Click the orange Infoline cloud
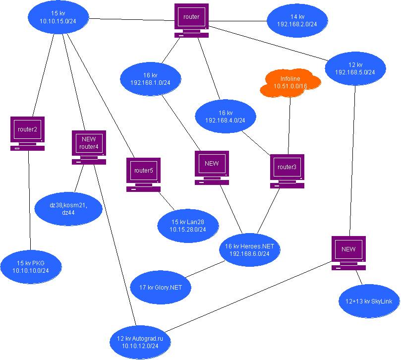[x=290, y=83]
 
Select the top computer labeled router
[x=191, y=20]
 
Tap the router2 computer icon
[x=27, y=133]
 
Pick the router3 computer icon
[x=287, y=171]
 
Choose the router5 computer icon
[x=143, y=175]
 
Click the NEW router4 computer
[x=89, y=147]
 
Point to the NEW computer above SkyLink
[x=348, y=253]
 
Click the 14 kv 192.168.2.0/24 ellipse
[x=297, y=20]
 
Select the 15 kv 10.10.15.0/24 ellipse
[x=58, y=17]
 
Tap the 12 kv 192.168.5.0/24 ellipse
[x=355, y=68]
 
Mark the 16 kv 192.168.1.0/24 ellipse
[x=150, y=79]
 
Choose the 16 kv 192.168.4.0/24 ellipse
[x=226, y=117]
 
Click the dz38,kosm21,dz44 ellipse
[x=68, y=209]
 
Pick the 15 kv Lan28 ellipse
[x=188, y=226]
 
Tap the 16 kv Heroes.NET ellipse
[x=250, y=250]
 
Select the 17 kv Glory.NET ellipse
[x=161, y=287]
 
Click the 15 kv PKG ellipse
[x=31, y=267]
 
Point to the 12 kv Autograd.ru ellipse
[x=140, y=342]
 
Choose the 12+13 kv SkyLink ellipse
[x=369, y=301]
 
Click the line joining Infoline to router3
[x=289, y=126]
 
